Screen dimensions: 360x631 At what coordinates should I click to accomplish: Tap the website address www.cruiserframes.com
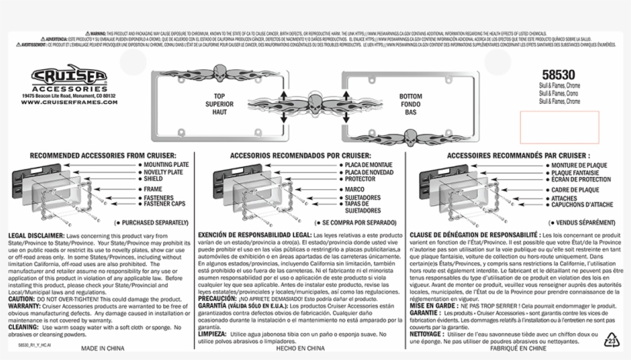point(69,104)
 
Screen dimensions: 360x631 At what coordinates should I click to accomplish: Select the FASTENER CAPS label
point(171,205)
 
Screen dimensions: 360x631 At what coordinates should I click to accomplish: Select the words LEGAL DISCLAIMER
point(36,234)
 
